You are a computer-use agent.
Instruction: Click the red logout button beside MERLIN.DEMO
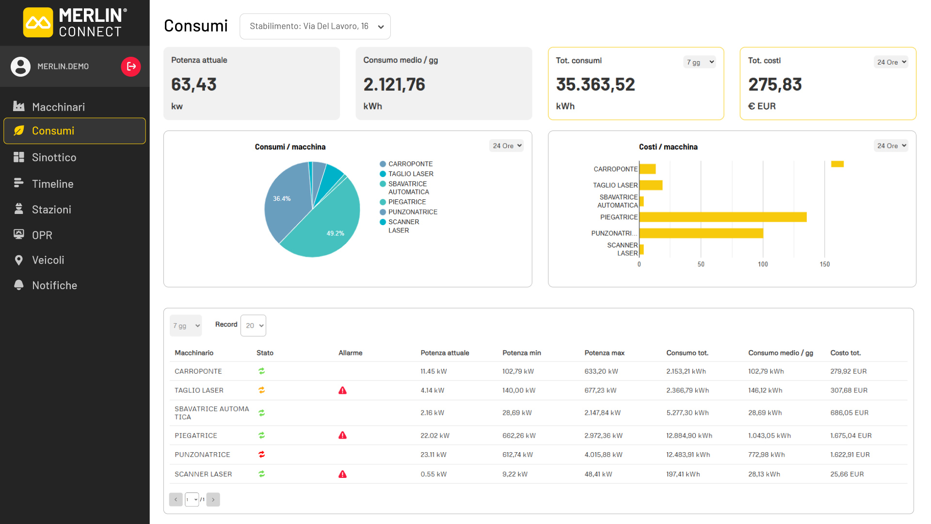pos(131,66)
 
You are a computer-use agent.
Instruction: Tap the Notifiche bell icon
pos(19,285)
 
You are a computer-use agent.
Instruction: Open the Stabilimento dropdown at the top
pos(315,26)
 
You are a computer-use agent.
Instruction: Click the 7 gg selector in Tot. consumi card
pos(700,62)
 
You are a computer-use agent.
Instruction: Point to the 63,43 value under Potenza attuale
pos(194,84)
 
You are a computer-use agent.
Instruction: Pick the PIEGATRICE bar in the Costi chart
pos(723,217)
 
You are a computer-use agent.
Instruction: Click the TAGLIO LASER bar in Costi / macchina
pos(651,185)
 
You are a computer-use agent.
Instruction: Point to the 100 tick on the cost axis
pos(763,264)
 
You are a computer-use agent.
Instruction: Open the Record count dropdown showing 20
pos(253,326)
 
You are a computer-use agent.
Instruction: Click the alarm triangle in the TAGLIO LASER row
pos(342,390)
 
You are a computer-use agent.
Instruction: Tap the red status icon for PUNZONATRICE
pos(262,455)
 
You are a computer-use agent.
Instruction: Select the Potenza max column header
pos(604,353)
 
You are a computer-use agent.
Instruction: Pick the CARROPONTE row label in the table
pos(198,371)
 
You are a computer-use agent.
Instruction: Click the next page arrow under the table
pos(213,499)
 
